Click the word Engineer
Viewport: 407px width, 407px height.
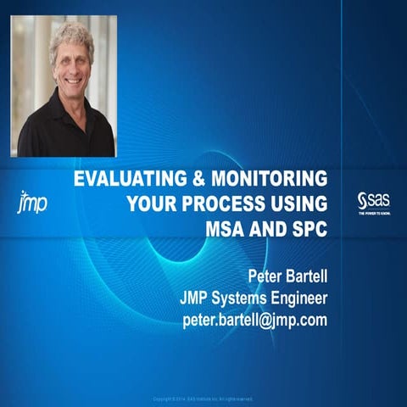tap(298, 298)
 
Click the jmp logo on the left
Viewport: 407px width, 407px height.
tap(31, 203)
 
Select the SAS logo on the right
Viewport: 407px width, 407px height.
tap(372, 202)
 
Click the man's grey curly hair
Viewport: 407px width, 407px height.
tap(71, 38)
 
